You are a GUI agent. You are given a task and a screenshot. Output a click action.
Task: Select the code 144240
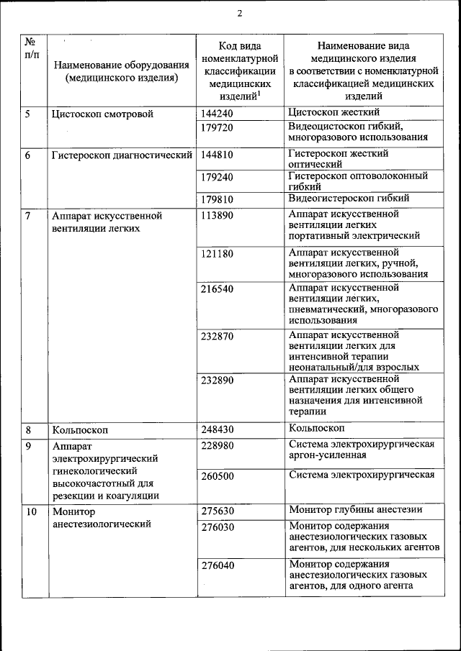coord(217,114)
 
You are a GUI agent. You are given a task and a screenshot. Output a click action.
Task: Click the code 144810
coord(217,155)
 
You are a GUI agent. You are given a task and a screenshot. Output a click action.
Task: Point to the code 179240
coord(217,176)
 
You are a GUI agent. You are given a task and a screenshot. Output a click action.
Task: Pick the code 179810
coord(217,199)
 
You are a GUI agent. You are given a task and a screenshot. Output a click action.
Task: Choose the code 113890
coord(217,216)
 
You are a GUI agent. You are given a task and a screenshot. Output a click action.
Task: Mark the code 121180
coord(217,254)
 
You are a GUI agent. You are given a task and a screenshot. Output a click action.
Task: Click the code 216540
coord(217,289)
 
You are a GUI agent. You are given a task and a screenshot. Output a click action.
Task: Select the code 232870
coord(217,337)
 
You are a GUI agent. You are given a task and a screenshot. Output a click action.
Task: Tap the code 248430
coord(217,430)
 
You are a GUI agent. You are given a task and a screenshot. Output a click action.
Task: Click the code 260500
coord(217,476)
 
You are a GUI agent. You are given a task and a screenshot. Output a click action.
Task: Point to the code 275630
coord(217,511)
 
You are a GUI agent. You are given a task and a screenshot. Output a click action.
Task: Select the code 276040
coord(217,566)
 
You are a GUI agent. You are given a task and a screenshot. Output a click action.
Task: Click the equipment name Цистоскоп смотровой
coord(101,114)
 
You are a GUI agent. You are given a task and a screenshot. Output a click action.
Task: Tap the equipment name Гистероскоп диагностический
coord(122,155)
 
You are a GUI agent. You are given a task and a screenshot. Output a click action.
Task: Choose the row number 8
coord(28,430)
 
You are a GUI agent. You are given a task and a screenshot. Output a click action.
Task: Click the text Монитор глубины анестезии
coord(355,510)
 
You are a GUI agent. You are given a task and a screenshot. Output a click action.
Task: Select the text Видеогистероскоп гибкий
coord(349,198)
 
